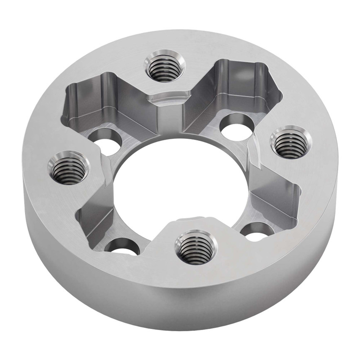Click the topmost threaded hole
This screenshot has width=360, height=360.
click(x=165, y=68)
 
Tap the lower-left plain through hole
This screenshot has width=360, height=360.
click(x=122, y=248)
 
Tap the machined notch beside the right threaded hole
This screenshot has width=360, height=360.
click(x=254, y=151)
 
